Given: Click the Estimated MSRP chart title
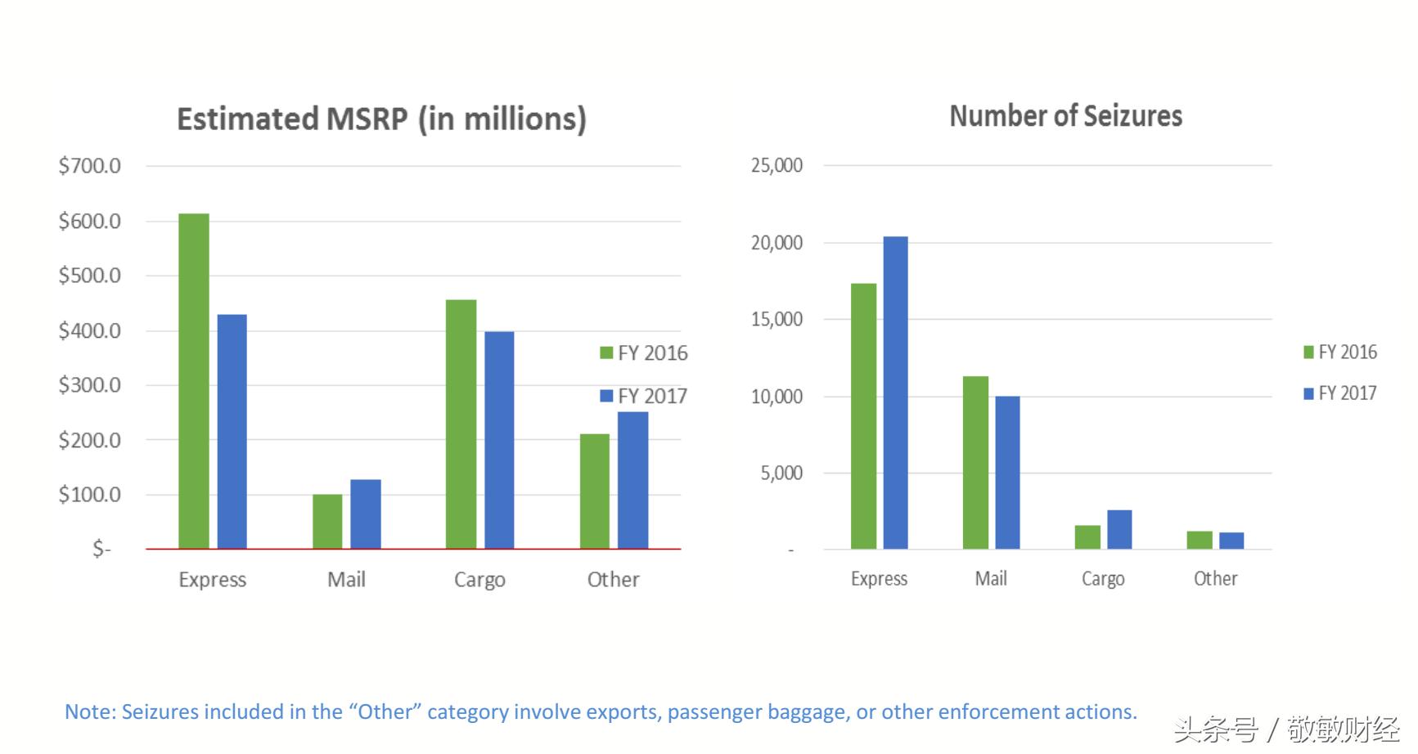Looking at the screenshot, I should [x=381, y=119].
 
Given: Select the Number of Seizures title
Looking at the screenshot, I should [x=1065, y=117].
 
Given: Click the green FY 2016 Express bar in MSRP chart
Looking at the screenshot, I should [x=194, y=380].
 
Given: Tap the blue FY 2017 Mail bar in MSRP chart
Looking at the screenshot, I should [x=366, y=514].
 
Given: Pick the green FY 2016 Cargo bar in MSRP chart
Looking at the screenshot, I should [x=461, y=424].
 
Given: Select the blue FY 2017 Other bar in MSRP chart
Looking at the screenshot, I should [x=632, y=480].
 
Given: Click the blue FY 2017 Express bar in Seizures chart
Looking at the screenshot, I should [x=895, y=393].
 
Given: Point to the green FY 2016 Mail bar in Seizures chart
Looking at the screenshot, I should [x=975, y=462].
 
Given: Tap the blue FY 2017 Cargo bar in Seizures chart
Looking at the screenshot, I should [x=1119, y=529].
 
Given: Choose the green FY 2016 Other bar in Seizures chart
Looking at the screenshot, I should [x=1200, y=540].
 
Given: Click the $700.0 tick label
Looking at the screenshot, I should [x=89, y=166].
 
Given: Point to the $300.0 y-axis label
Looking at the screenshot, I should [x=89, y=385].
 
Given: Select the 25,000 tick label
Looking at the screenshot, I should [x=777, y=165].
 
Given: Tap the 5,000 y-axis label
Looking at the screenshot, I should [x=781, y=473].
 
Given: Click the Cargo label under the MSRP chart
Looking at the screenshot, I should [x=479, y=580].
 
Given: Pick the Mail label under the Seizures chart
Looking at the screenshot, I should [x=990, y=579].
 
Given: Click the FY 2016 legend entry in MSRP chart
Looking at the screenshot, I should [x=644, y=353].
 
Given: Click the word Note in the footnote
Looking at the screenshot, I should [x=88, y=712].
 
